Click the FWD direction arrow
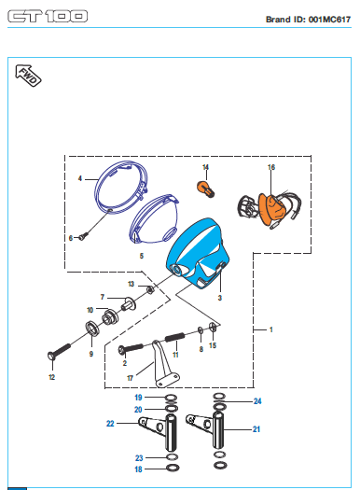coord(28,76)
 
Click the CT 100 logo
coord(48,16)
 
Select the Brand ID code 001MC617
coord(330,20)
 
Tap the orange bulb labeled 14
coord(206,189)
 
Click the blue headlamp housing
coord(198,254)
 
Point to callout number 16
coord(271,167)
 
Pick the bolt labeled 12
coord(59,351)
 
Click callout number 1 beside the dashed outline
coord(271,329)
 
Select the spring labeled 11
coord(174,337)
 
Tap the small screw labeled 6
coord(83,236)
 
